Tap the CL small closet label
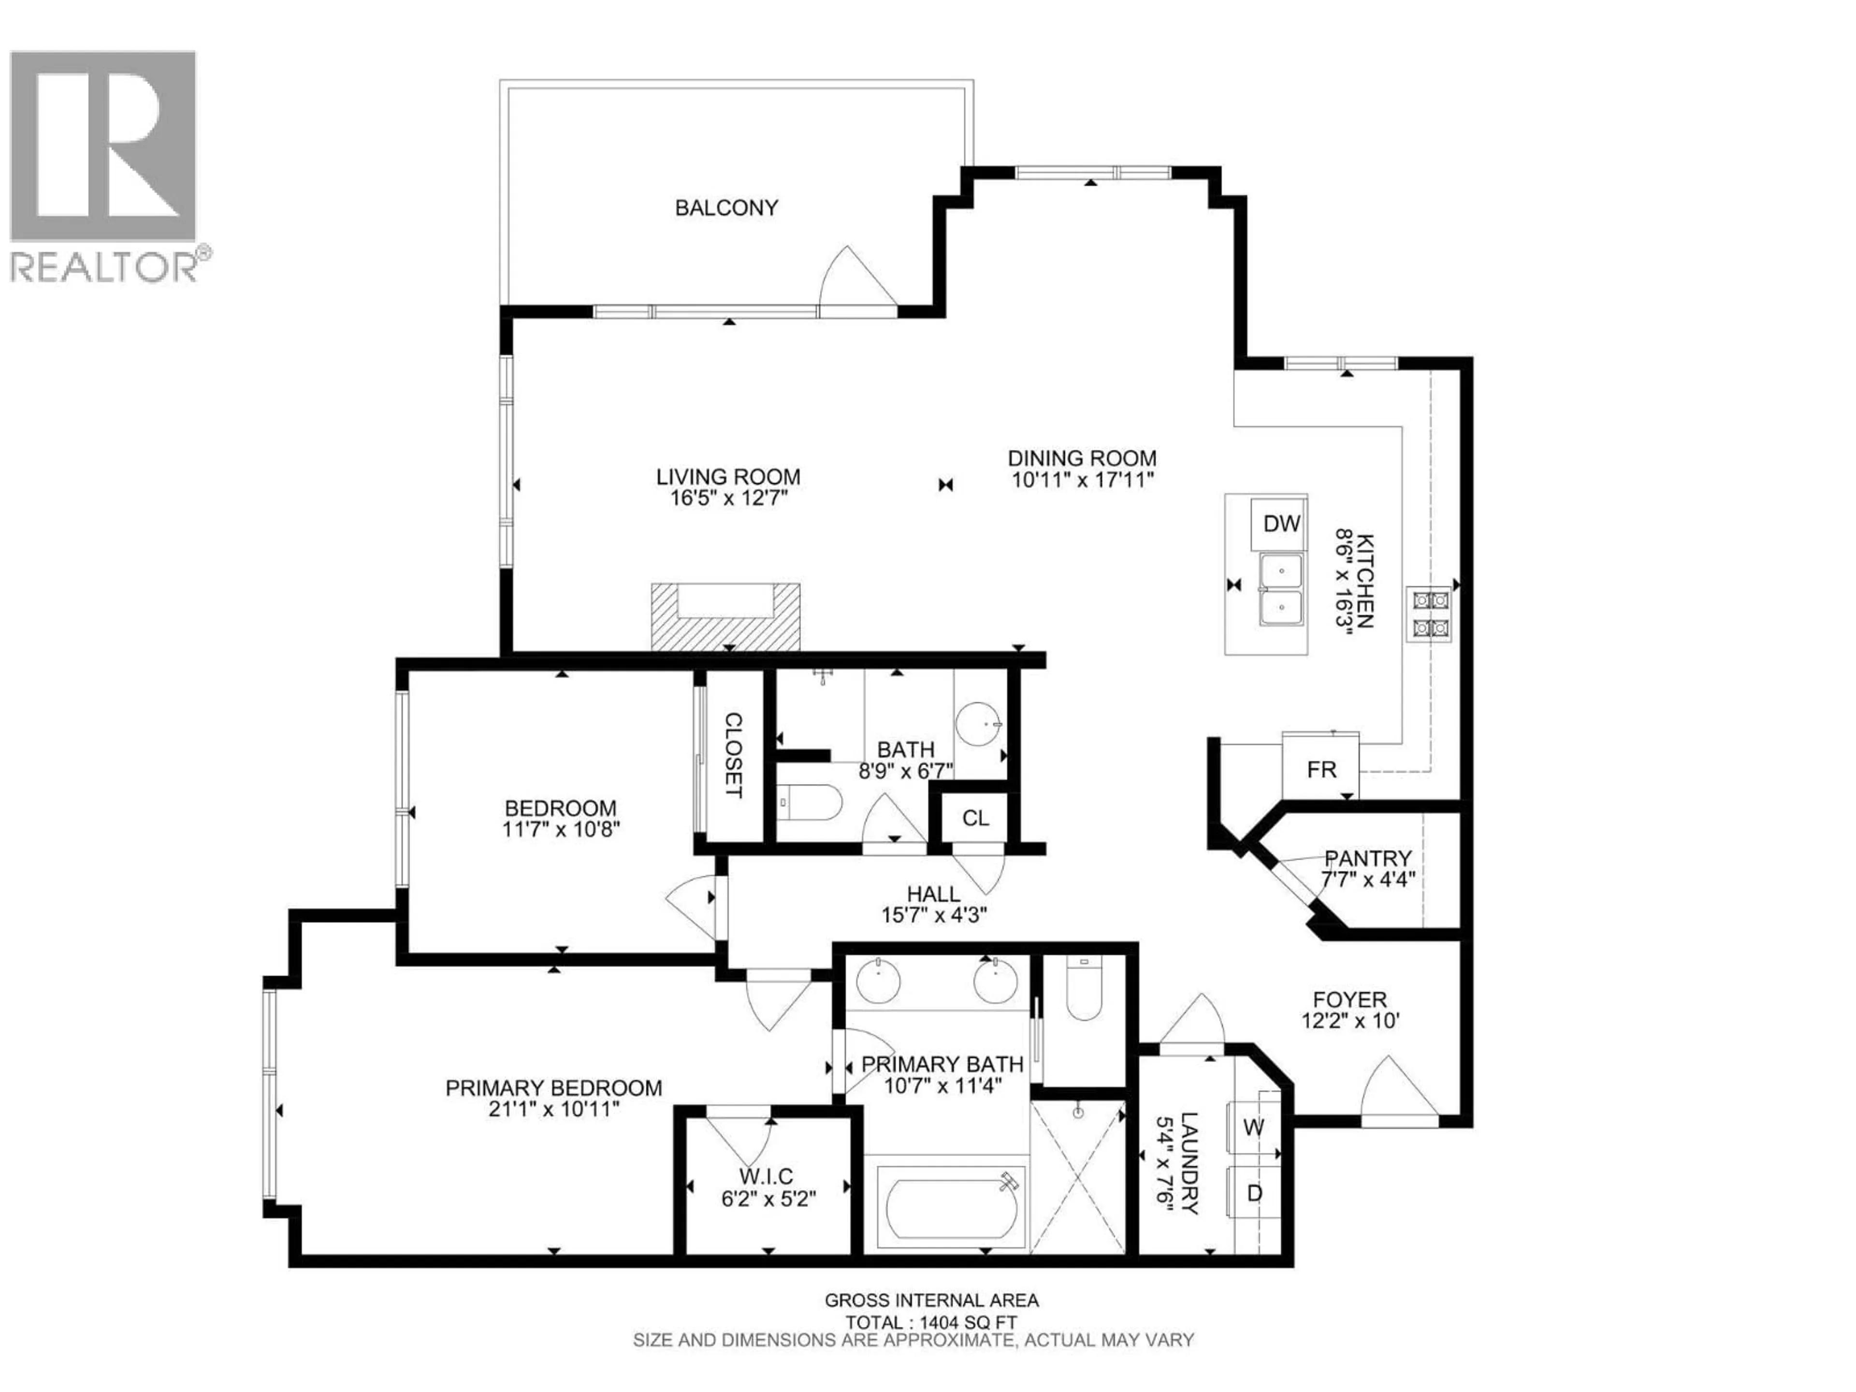click(x=975, y=818)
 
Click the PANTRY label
click(x=1368, y=858)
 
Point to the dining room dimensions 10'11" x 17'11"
click(x=1082, y=480)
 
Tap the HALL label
click(x=933, y=895)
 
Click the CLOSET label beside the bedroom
click(x=733, y=755)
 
